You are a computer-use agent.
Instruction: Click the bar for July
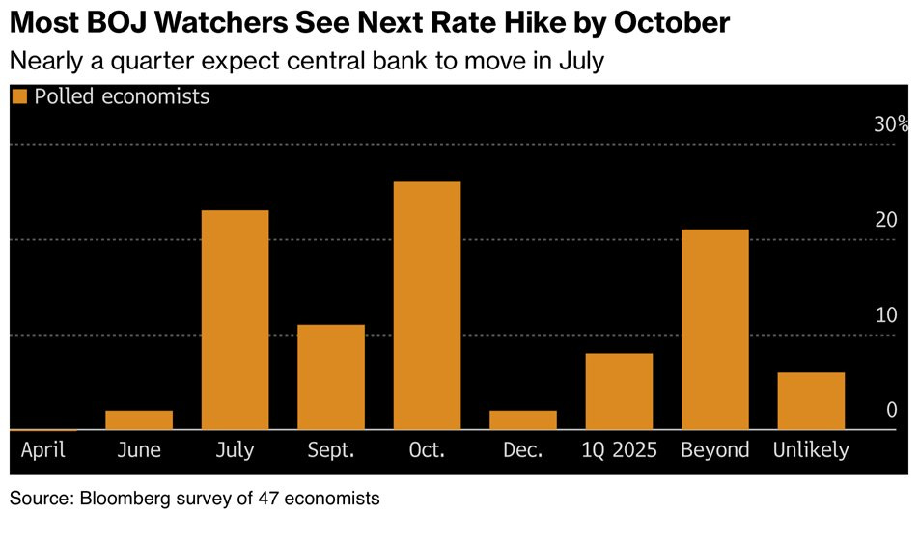235,319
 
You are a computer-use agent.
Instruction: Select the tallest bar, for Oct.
427,305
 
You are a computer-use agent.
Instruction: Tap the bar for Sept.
331,377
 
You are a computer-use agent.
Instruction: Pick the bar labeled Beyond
714,329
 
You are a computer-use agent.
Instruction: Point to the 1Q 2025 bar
619,392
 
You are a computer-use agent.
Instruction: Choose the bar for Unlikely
811,400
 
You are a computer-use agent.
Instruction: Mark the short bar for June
139,419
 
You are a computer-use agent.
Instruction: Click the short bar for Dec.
523,419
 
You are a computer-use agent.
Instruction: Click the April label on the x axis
42,450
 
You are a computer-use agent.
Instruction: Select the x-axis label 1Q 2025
619,450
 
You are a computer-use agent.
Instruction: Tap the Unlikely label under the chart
811,450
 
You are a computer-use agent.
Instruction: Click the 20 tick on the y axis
886,220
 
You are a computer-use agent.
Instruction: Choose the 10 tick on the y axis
886,315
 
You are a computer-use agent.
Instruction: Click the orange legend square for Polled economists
18,96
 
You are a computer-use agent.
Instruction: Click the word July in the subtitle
578,61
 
